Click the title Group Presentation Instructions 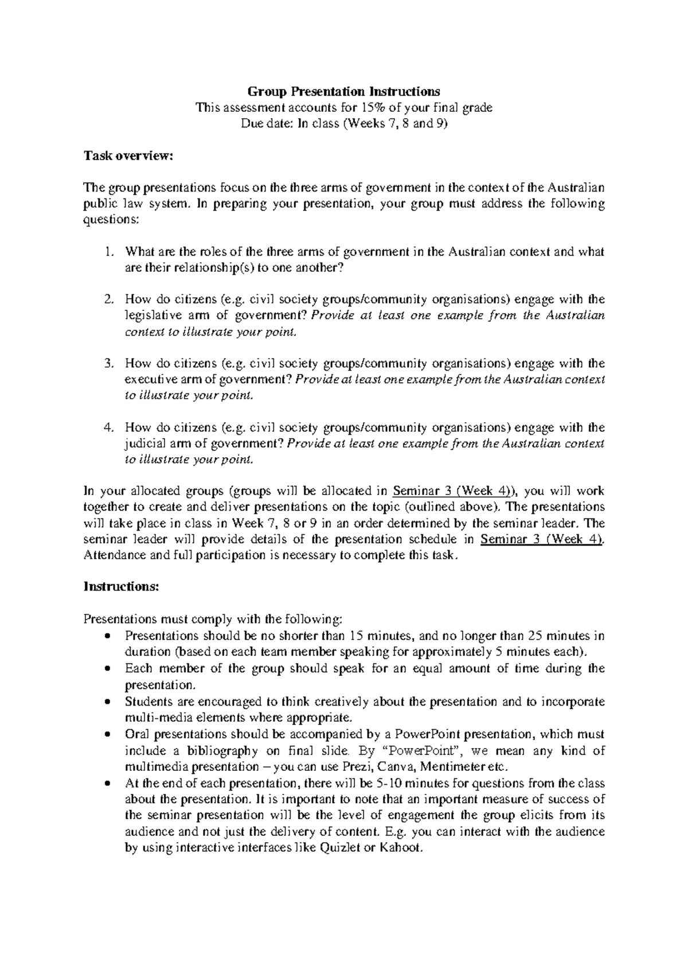pos(343,91)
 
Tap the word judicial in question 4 pos(144,444)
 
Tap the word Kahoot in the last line pos(401,848)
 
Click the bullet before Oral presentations pos(108,735)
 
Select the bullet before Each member pos(108,669)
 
